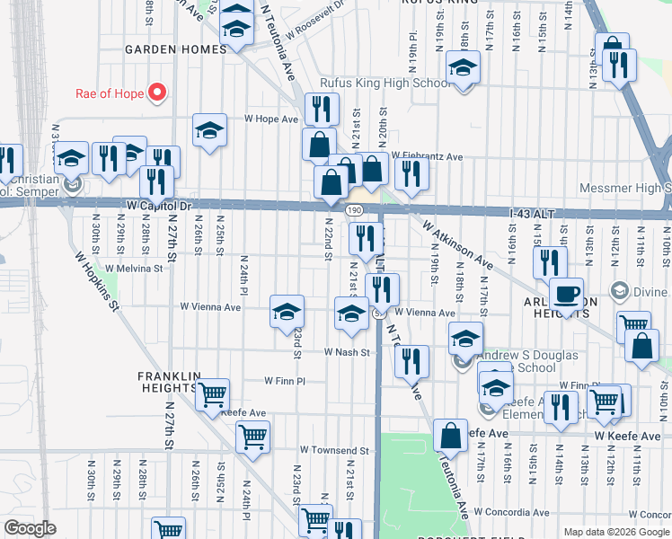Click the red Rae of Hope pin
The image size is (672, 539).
point(157,92)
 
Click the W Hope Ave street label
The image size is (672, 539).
point(271,119)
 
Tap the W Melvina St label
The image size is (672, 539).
point(134,268)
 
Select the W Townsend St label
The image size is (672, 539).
point(335,449)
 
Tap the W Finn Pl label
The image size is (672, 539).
point(286,381)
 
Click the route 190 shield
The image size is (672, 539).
point(355,209)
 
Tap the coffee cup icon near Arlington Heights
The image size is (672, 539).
point(566,295)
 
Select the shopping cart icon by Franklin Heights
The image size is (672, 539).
point(212,393)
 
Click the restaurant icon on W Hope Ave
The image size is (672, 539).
point(322,110)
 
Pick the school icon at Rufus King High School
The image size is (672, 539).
point(464,67)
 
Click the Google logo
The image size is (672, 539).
point(30,528)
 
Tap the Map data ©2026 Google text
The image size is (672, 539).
point(617,532)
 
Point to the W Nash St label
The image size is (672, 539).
point(348,352)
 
